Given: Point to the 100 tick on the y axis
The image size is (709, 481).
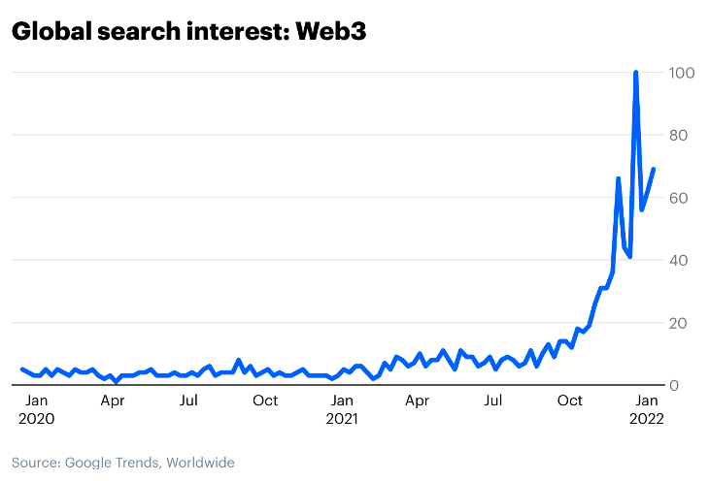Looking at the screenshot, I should coord(680,73).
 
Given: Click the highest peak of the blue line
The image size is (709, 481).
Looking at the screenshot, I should coord(635,73).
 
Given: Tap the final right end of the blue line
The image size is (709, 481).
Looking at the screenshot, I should coord(654,170).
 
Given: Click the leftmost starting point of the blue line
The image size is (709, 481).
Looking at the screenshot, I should coord(21,369).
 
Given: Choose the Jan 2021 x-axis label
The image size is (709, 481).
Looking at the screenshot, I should coord(341,409).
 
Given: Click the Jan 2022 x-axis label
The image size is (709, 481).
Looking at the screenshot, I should coord(647,409).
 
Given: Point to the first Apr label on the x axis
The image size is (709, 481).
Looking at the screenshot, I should coord(112,401).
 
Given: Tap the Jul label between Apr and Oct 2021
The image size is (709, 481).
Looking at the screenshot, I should coord(493,401).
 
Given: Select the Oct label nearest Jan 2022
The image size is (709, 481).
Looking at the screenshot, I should coord(570,401).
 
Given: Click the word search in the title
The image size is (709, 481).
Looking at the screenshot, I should coord(134,32).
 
